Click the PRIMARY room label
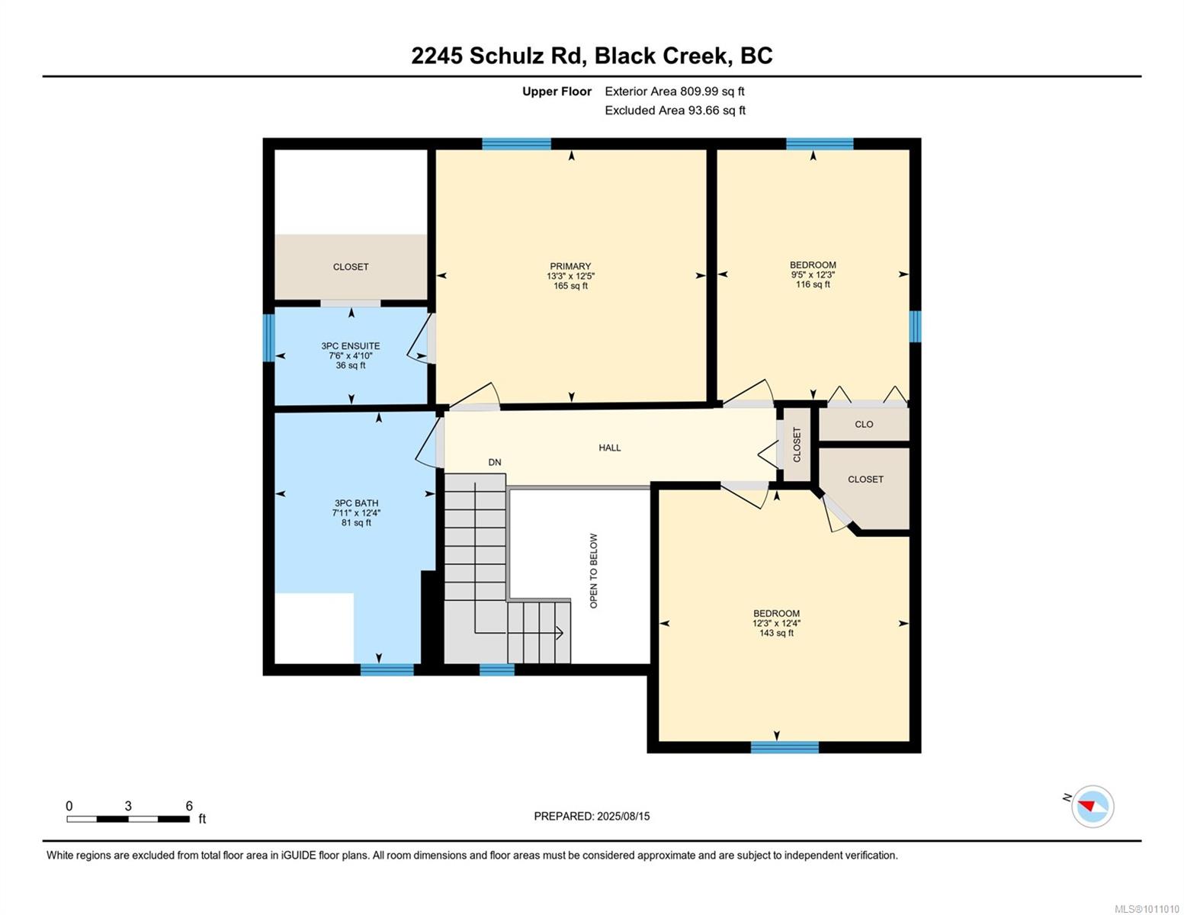tap(570, 266)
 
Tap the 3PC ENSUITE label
tap(351, 346)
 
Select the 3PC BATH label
tap(356, 503)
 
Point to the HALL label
tap(610, 448)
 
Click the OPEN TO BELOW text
tap(593, 570)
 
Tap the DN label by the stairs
tap(494, 462)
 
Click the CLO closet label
tap(864, 424)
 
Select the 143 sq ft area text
tap(776, 633)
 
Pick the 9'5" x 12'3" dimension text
tap(813, 274)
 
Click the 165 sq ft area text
tap(570, 286)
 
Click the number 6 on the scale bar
tap(189, 806)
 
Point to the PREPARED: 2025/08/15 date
tap(592, 816)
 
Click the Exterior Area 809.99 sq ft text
tap(675, 91)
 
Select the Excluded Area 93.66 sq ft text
tap(675, 110)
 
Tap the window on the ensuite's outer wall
tap(268, 338)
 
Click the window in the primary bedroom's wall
tap(517, 144)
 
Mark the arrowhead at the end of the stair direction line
tap(560, 633)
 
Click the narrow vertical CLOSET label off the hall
tap(797, 445)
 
